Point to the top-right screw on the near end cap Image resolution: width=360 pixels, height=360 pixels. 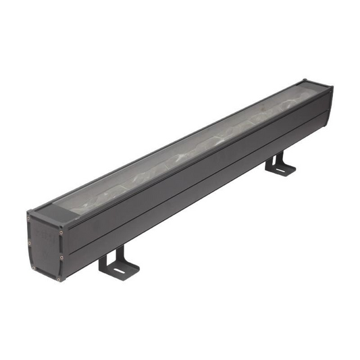60,232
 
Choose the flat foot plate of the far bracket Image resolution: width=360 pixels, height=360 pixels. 281,170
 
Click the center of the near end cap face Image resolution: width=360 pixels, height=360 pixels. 45,247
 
